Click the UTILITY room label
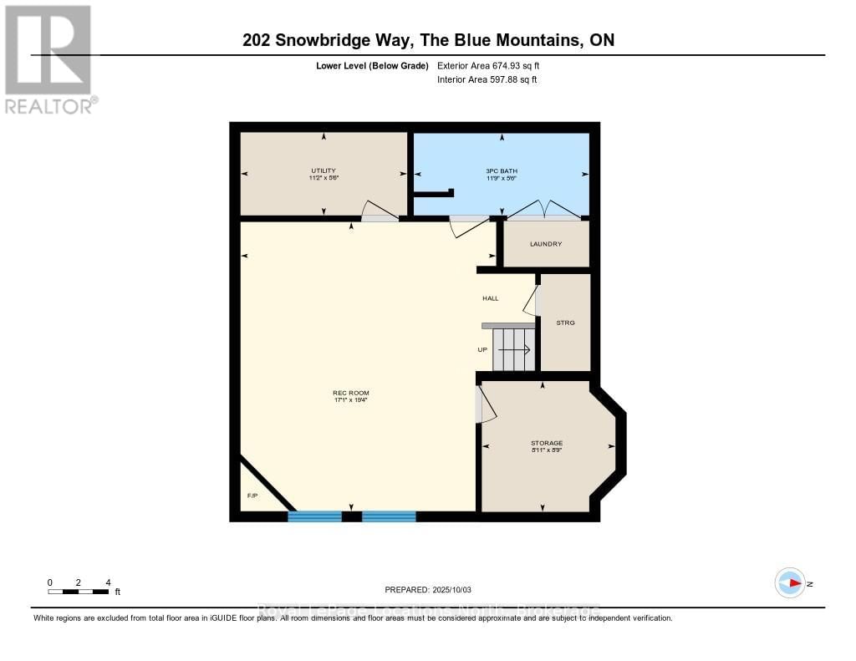[x=324, y=170]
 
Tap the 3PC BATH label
[x=502, y=170]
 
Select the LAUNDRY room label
[x=546, y=244]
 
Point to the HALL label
[x=490, y=298]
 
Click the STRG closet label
[x=565, y=323]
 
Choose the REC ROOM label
[x=351, y=393]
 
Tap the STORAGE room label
[x=547, y=443]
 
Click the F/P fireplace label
[x=252, y=496]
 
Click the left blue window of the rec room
[x=315, y=516]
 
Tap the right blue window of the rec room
[x=389, y=516]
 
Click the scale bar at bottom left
[x=79, y=592]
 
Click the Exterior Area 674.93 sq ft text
[x=493, y=65]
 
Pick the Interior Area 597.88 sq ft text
[x=487, y=80]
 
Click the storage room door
[x=485, y=404]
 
